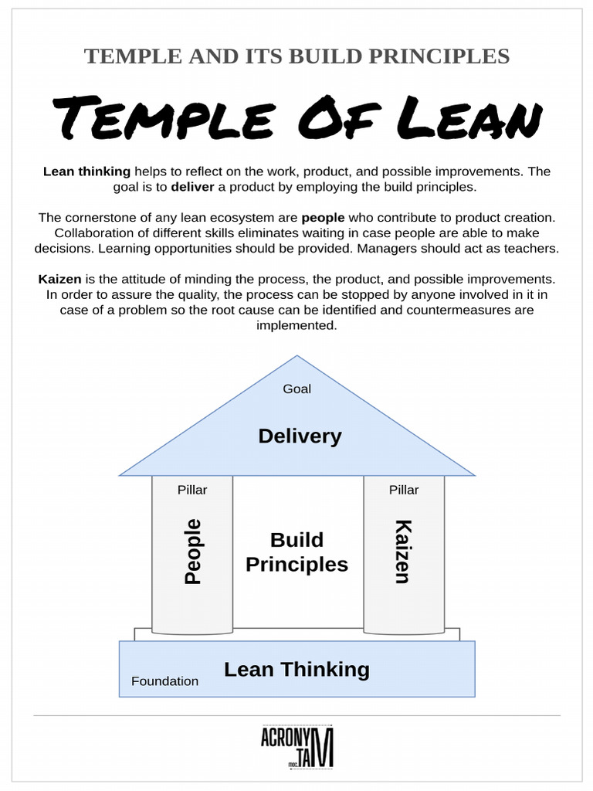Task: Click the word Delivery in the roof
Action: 300,436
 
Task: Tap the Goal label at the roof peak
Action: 296,389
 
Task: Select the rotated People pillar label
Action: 192,552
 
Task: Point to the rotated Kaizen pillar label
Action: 403,552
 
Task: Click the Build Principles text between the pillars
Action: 297,552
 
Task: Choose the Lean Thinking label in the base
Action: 296,669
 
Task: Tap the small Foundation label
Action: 164,681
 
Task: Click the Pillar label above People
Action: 192,490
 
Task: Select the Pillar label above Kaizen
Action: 403,490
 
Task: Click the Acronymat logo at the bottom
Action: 297,748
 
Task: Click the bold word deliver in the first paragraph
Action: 192,187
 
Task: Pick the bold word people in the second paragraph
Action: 323,218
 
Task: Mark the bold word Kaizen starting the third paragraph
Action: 60,279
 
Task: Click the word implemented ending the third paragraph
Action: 297,325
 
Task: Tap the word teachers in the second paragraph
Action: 532,249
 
